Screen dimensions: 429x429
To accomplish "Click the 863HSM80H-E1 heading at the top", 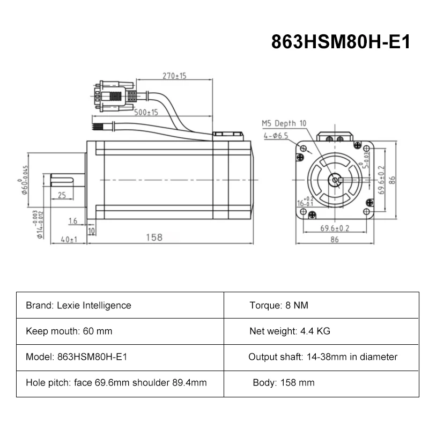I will click(341, 41).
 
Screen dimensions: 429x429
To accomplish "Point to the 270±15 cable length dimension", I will click(174, 76).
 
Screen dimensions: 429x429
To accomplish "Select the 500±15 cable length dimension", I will click(145, 113).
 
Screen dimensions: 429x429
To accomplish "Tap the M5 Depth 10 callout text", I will click(284, 123).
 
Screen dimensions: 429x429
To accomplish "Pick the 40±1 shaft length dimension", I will click(68, 240).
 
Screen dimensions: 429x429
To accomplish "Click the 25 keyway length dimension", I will click(62, 195).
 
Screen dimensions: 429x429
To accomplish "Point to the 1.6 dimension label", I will click(73, 221).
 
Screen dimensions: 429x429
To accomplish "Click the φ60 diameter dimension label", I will click(25, 180).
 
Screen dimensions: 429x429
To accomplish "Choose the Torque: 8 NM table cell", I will click(279, 306).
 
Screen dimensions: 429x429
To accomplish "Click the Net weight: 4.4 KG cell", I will click(290, 331).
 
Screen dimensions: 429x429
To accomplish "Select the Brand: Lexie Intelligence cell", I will click(78, 306).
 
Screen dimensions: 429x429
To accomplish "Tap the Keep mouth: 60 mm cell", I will click(69, 331).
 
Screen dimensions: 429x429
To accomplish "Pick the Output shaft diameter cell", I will click(323, 357).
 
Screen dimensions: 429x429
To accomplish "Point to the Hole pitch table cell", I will click(116, 383).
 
